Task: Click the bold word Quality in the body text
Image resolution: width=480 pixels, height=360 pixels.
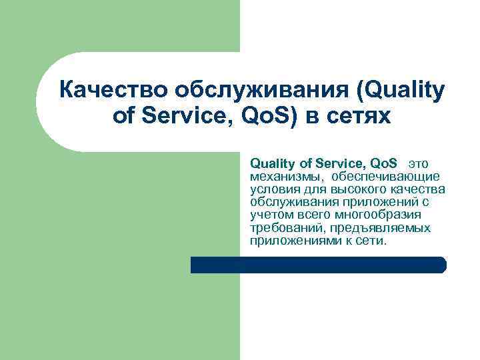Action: pyautogui.click(x=270, y=163)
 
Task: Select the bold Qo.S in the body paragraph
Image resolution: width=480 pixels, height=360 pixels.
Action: pyautogui.click(x=382, y=163)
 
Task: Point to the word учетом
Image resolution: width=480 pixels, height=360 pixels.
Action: pyautogui.click(x=268, y=215)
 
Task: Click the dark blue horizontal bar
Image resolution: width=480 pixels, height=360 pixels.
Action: pyautogui.click(x=318, y=265)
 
